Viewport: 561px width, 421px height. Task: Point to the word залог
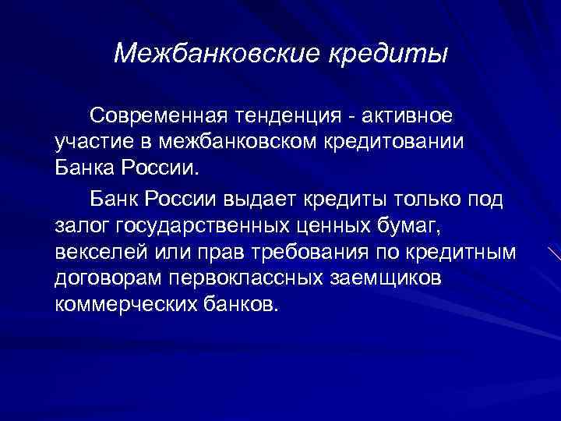(81, 225)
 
